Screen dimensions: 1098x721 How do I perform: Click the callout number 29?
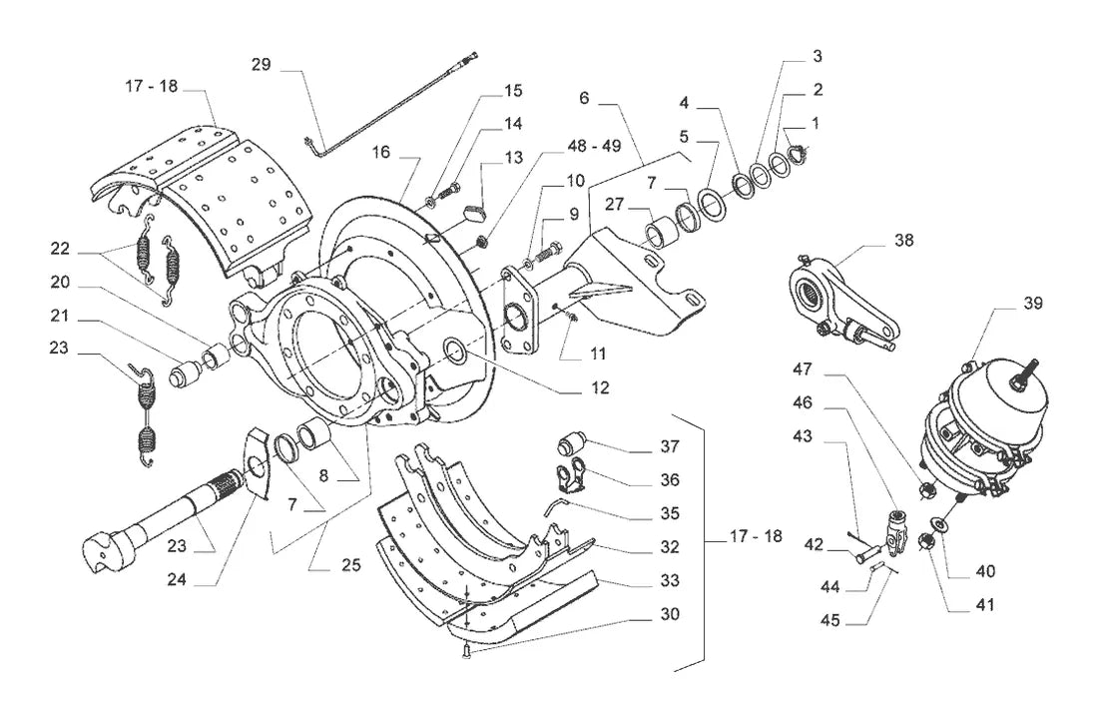pos(262,65)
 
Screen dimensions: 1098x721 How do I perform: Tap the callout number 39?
pos(1033,304)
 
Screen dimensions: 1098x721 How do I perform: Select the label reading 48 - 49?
pos(595,146)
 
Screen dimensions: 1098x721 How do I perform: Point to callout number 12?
pos(600,387)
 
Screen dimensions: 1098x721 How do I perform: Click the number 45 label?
pos(829,621)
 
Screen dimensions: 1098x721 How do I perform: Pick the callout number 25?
pos(350,564)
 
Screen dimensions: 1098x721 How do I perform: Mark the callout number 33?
pos(670,580)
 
